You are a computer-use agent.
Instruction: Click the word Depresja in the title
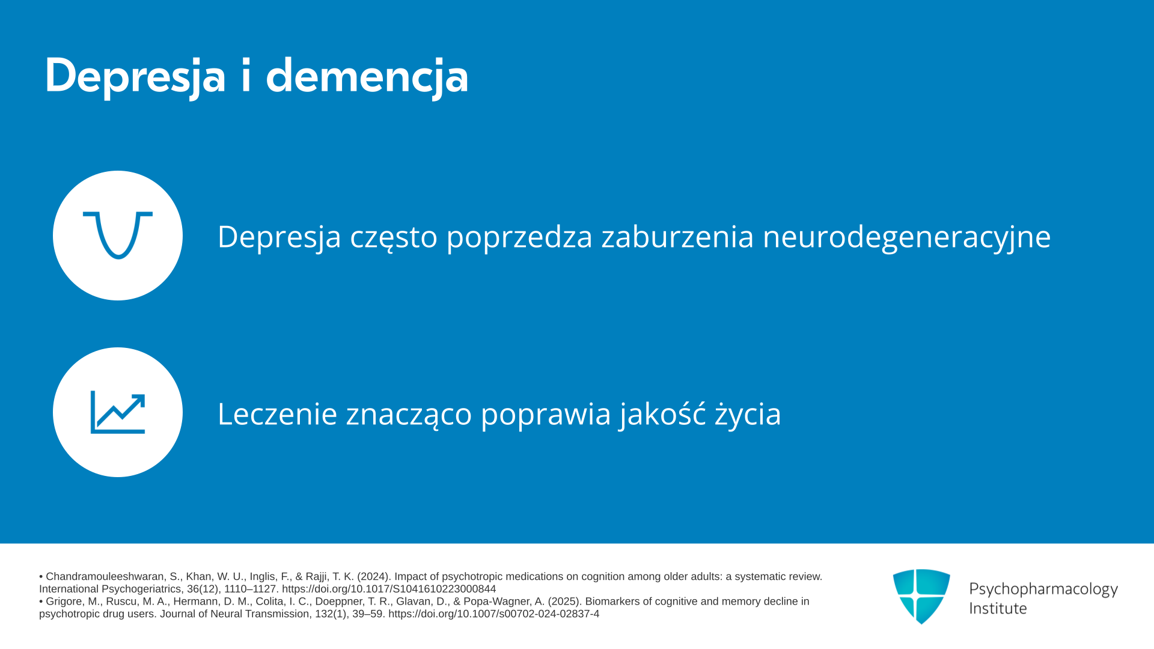coord(135,76)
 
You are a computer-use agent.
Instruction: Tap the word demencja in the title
coord(367,76)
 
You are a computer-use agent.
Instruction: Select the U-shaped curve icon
coord(118,235)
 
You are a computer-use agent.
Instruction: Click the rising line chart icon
coord(118,412)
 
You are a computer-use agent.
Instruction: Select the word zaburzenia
coord(677,236)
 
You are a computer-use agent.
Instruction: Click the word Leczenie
coord(277,413)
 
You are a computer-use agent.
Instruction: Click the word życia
coord(748,415)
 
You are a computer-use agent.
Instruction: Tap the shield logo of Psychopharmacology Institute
coord(921,596)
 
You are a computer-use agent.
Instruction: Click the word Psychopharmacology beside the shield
coord(1043,590)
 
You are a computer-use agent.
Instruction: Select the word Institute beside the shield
coord(998,608)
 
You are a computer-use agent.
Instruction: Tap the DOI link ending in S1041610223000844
coord(389,589)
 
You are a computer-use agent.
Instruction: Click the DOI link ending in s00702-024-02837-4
coord(493,614)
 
